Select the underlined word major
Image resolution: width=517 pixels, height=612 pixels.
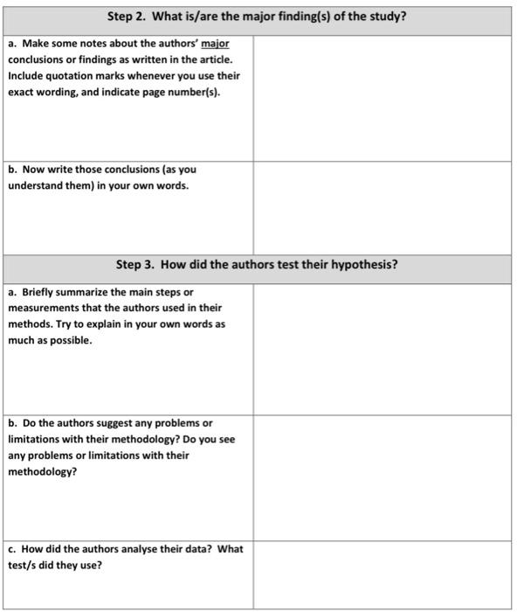(216, 43)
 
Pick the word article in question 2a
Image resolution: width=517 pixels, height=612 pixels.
(217, 59)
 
